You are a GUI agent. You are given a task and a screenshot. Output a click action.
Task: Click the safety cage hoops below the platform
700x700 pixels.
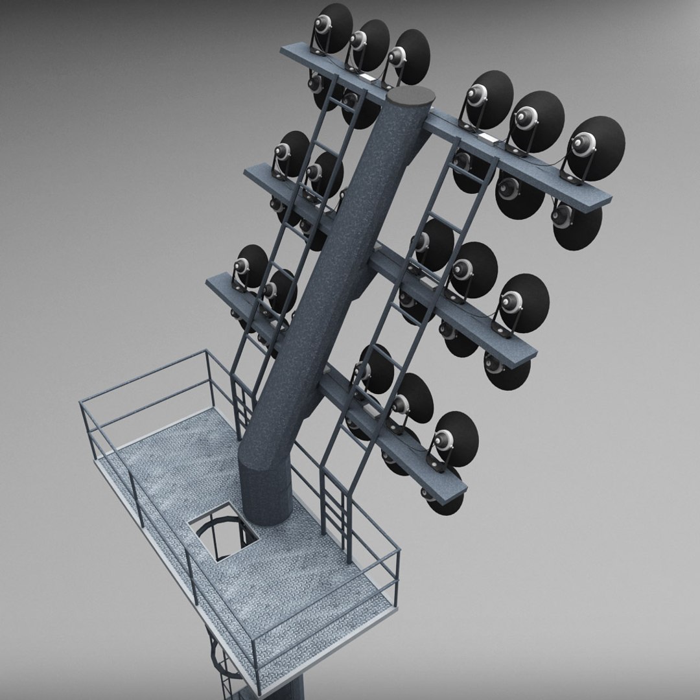220,661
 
